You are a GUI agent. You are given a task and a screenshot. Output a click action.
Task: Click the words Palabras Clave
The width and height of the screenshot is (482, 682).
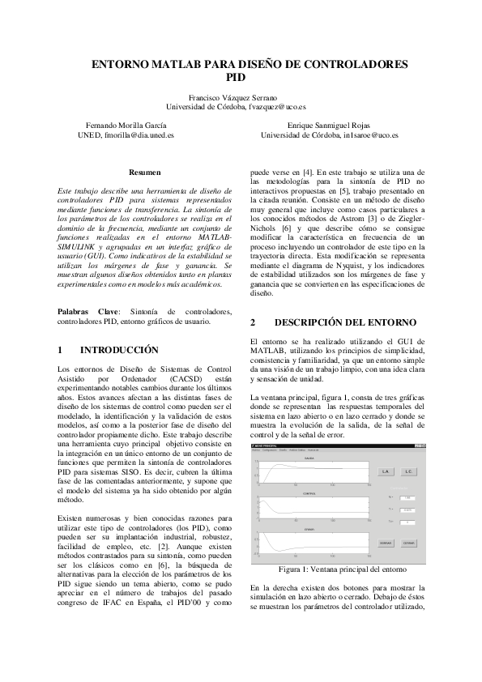(74, 312)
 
